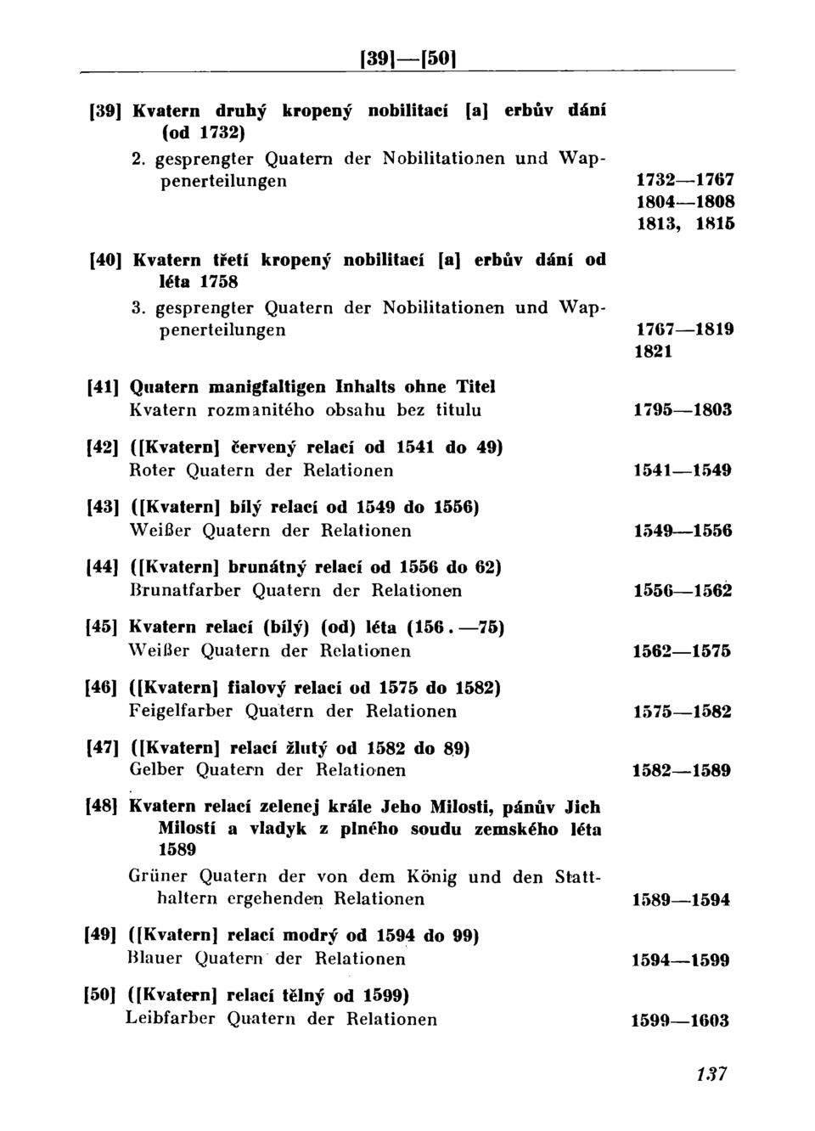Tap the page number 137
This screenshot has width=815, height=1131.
click(711, 1073)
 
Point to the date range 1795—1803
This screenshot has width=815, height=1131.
click(683, 411)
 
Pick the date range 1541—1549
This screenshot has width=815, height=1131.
click(683, 470)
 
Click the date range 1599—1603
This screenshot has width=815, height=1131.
click(680, 1021)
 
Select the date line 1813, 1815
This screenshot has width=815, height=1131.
click(684, 224)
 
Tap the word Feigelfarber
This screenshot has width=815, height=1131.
click(181, 711)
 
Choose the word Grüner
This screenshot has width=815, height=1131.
click(160, 876)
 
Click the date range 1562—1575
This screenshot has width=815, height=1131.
click(683, 651)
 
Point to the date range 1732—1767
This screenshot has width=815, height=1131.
click(684, 181)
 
